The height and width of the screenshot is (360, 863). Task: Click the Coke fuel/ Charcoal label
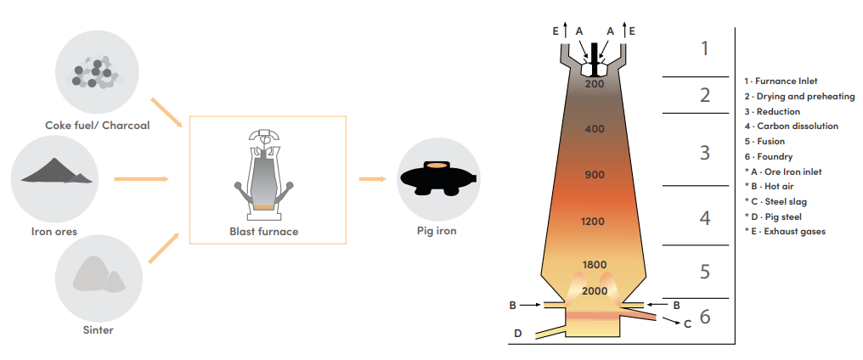(97, 126)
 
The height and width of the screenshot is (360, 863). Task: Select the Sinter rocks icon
(97, 273)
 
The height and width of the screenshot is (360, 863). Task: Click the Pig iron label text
(436, 230)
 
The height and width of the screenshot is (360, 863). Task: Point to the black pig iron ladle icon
(436, 178)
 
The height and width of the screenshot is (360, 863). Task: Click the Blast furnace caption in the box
(264, 230)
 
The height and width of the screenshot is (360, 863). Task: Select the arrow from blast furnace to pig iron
(372, 179)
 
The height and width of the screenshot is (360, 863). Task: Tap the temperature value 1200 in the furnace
(594, 222)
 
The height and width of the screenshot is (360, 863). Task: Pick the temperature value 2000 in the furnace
(595, 291)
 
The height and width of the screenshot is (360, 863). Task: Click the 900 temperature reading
(595, 175)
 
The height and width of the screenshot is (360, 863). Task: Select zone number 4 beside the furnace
(704, 218)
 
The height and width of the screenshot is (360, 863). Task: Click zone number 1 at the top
(704, 48)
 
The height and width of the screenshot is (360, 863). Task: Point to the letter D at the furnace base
(518, 334)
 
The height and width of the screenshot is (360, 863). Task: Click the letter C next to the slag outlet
(688, 323)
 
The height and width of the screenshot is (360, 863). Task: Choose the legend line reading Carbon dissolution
(791, 127)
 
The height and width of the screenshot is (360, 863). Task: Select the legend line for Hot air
(770, 186)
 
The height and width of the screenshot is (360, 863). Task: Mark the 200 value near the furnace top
(595, 84)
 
